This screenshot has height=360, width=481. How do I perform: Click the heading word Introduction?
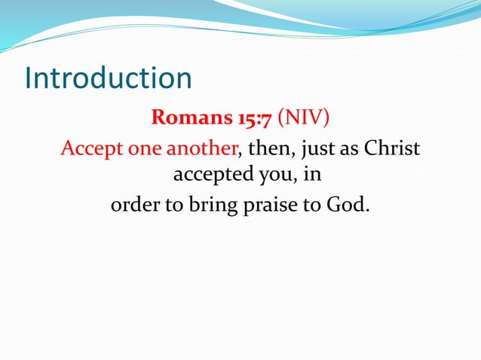click(x=108, y=79)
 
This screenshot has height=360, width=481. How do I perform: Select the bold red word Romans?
click(x=182, y=119)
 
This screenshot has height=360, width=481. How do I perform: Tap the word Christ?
click(x=391, y=148)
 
